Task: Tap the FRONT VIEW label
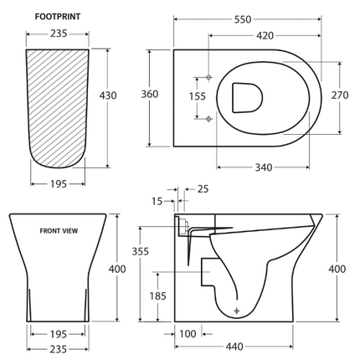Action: [59, 230]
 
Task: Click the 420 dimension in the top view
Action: [265, 36]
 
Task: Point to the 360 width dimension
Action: [149, 95]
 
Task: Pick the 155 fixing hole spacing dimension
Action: [196, 97]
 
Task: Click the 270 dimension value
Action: [339, 95]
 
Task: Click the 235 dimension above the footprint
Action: [59, 35]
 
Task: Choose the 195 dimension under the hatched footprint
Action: [59, 183]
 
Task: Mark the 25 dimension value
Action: [203, 189]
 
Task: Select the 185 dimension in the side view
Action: [157, 295]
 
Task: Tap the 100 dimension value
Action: [188, 334]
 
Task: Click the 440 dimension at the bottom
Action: [234, 347]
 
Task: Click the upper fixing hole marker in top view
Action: [208, 77]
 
